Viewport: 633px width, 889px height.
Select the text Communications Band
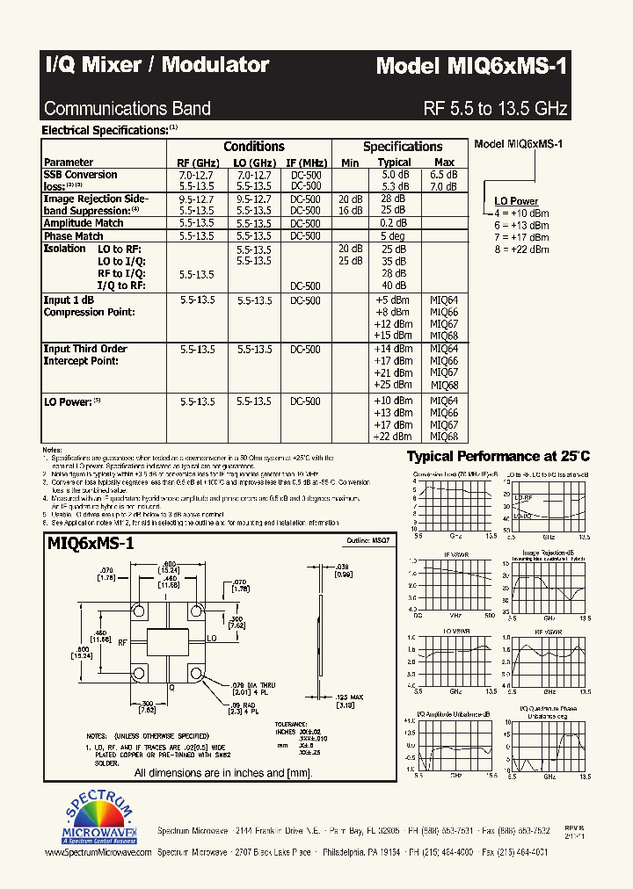(x=127, y=109)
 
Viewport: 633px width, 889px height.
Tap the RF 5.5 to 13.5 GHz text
(x=495, y=109)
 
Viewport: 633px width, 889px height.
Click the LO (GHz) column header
(x=253, y=163)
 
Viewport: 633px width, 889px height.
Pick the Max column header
(x=444, y=163)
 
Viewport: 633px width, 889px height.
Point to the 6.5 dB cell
(x=444, y=175)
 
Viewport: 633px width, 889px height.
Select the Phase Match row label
(x=74, y=236)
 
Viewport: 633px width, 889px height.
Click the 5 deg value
(x=393, y=236)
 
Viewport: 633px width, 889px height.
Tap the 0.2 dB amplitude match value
(x=393, y=224)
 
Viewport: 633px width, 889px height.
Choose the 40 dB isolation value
(x=393, y=285)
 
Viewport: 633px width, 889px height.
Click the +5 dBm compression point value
(x=393, y=300)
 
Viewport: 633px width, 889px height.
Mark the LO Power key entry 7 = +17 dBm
(x=521, y=237)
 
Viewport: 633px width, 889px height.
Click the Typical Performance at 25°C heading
(x=498, y=456)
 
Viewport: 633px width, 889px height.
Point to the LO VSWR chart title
(x=454, y=632)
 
